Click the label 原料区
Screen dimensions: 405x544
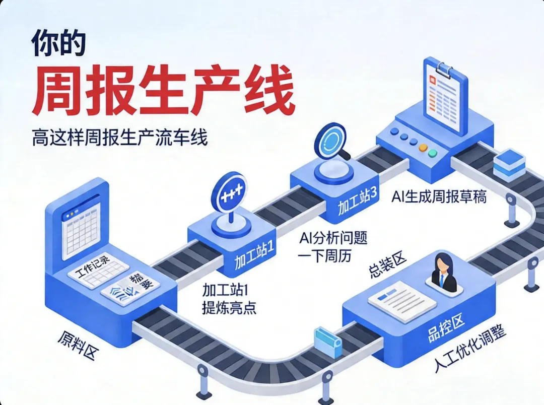pyautogui.click(x=78, y=346)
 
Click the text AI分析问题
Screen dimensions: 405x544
pyautogui.click(x=332, y=237)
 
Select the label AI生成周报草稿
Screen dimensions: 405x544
pyautogui.click(x=439, y=196)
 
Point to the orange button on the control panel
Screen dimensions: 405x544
pyautogui.click(x=422, y=148)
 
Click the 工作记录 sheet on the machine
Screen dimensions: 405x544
pyautogui.click(x=98, y=272)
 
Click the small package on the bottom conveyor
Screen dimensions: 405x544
pyautogui.click(x=328, y=343)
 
